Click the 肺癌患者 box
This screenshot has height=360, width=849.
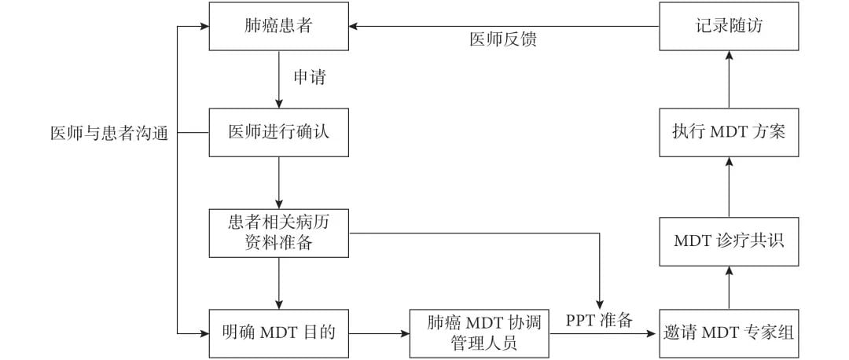(279, 26)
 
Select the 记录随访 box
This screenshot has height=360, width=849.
(729, 26)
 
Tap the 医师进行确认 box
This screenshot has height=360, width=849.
(279, 133)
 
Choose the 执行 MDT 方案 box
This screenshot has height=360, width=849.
(729, 133)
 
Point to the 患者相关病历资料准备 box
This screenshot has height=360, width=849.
(279, 233)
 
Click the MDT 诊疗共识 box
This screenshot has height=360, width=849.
(729, 240)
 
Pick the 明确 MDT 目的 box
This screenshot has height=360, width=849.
(279, 333)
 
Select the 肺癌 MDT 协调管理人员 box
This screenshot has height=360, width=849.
(479, 333)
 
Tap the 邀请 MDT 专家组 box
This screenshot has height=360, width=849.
(729, 333)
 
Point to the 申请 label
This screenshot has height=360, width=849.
(309, 79)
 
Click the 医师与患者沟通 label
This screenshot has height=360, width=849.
(109, 133)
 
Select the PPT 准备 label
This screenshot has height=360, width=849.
(599, 321)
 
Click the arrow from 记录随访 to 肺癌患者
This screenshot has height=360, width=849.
(503, 26)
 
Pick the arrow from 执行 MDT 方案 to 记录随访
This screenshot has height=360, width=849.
(729, 79)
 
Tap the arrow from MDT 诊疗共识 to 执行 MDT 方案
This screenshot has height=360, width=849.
(729, 186)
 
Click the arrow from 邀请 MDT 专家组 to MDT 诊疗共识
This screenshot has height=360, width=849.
(729, 287)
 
